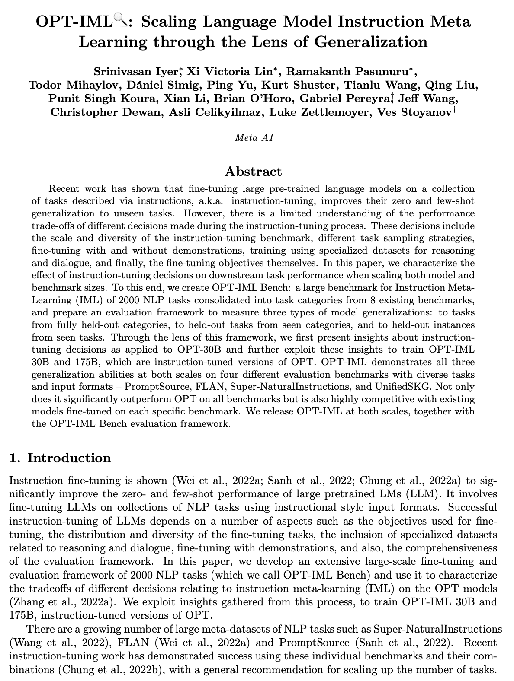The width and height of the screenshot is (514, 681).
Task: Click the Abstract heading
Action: [253, 172]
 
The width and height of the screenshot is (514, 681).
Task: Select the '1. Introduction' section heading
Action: [60, 458]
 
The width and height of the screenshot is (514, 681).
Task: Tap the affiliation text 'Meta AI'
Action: [254, 138]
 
